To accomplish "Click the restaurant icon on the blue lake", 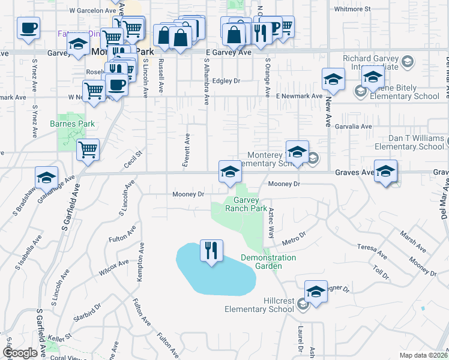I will coord(211,250).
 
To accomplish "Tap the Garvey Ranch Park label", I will coord(246,205).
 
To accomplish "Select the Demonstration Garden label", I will coord(268,262).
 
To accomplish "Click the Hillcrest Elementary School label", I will coord(260,304).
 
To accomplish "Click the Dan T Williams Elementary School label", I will coord(409,142).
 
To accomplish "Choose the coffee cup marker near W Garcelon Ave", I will coord(29,28).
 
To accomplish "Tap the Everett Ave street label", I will coord(187,149).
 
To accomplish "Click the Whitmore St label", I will coord(352,9).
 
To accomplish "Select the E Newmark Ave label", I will coord(299,96).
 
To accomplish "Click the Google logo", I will coord(20,353).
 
